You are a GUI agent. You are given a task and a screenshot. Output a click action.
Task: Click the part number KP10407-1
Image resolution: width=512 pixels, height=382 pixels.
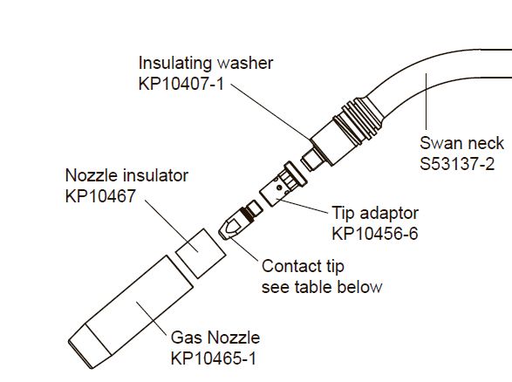coord(181,84)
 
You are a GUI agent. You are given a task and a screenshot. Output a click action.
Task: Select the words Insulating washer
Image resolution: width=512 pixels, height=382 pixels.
coord(206,63)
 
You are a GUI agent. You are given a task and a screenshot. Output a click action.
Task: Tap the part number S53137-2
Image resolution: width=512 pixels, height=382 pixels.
coord(457,164)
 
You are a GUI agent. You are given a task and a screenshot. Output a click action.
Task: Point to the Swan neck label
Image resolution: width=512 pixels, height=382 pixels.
coord(461,143)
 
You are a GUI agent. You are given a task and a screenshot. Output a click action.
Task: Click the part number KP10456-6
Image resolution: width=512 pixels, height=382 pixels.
coord(375,234)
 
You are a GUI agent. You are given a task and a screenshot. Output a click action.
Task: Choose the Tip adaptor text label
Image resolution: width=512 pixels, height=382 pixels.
coord(375,213)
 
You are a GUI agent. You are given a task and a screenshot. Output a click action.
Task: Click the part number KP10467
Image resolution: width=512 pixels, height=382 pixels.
coord(100,196)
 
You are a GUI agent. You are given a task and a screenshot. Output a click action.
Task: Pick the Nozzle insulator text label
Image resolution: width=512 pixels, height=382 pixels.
coord(126,175)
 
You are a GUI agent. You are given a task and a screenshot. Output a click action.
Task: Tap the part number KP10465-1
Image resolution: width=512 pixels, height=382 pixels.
coord(214,358)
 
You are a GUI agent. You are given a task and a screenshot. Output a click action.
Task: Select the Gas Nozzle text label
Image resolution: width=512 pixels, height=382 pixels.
coord(215,338)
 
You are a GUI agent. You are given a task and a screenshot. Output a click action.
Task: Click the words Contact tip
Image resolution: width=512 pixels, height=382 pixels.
coord(303,266)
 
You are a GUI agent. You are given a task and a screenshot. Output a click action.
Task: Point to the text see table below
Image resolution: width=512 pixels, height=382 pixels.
coord(322,287)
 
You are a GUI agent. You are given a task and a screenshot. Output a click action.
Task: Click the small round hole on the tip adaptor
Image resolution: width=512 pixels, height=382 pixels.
coord(279,188)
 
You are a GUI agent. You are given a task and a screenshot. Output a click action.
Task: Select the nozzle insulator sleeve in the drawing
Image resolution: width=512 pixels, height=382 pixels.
coord(201,254)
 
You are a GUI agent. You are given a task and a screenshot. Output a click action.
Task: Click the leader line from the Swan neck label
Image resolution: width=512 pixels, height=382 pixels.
coord(427,101)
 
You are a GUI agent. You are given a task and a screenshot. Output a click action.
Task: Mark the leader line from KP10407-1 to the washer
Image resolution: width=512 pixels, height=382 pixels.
coord(271,112)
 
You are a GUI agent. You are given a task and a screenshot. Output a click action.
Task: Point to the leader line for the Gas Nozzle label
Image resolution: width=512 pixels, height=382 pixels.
coord(151,317)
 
